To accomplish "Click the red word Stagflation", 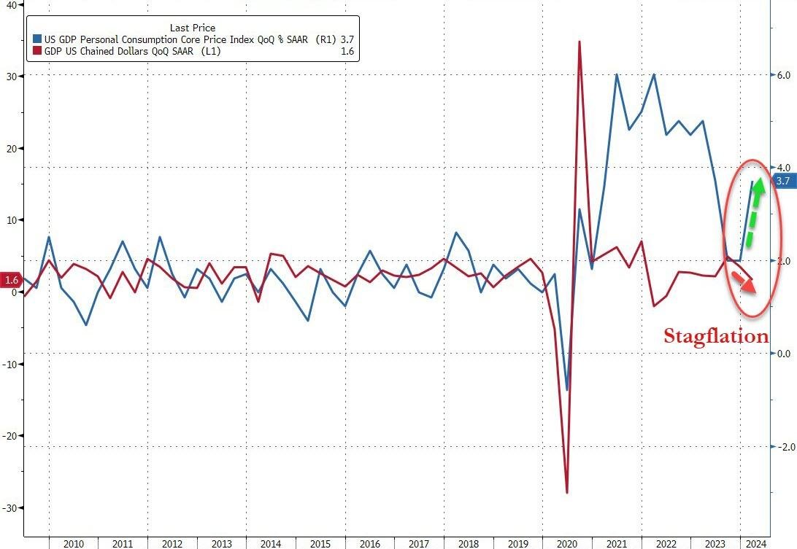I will (x=715, y=336).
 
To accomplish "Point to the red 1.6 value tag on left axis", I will (x=11, y=280).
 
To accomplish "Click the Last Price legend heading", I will (x=193, y=28).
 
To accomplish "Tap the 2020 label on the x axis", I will (x=567, y=543).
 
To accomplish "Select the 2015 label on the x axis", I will (x=320, y=543).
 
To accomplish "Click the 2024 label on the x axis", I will (x=757, y=543).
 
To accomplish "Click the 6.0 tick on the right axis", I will (x=782, y=75).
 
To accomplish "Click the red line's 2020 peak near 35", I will (x=580, y=42).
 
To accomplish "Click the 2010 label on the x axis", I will (x=73, y=543).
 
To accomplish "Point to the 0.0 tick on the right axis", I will (x=782, y=354).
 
